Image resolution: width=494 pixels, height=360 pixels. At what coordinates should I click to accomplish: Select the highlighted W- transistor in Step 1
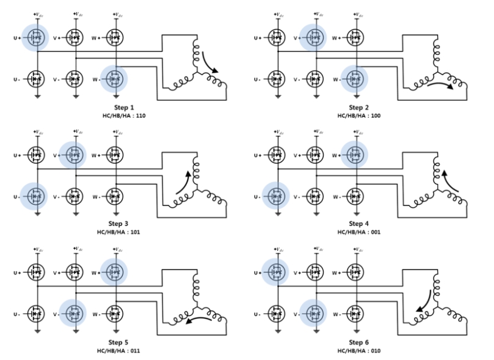click(x=113, y=78)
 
